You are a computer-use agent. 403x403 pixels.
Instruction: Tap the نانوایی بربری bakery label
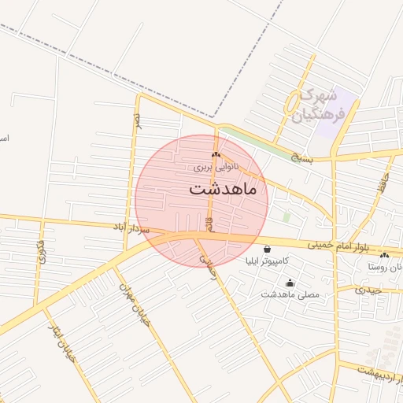(215, 168)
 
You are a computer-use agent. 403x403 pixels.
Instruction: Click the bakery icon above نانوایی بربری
(216, 155)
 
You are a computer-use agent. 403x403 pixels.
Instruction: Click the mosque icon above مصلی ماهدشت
(290, 283)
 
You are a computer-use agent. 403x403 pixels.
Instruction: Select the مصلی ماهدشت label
(290, 294)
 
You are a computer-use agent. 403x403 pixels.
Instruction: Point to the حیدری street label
(368, 290)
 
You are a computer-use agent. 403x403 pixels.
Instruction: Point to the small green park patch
(287, 216)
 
